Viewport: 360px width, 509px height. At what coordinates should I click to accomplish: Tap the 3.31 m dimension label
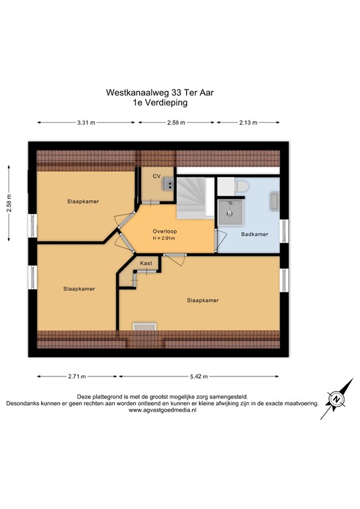tap(86, 123)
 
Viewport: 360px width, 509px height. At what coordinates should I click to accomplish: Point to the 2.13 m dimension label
tap(248, 123)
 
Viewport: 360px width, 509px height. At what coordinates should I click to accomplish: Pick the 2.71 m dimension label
tap(77, 376)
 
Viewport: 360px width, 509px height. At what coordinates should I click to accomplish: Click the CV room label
tap(156, 176)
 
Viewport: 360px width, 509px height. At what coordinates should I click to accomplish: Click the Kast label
tap(146, 264)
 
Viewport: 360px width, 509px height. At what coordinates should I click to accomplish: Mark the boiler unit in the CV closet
tap(169, 185)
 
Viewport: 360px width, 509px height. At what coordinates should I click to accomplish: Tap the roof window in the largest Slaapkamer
tap(143, 325)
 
